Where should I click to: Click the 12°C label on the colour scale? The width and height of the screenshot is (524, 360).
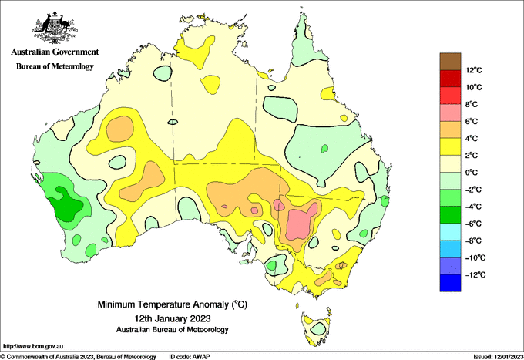[x=474, y=70]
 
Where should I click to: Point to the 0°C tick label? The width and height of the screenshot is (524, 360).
[x=472, y=173]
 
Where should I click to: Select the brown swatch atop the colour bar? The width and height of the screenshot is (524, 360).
[x=450, y=62]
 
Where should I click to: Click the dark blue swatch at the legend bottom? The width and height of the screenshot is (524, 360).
[x=450, y=283]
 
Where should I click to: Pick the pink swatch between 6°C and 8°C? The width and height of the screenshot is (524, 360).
[x=450, y=113]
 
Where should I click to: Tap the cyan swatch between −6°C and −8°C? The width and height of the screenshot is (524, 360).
[x=450, y=232]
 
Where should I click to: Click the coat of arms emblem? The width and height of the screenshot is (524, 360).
[x=55, y=28]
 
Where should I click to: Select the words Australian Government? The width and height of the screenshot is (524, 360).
[x=55, y=52]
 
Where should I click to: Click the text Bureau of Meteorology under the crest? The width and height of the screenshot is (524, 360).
[x=55, y=66]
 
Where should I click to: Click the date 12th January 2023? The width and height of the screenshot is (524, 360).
[x=173, y=318]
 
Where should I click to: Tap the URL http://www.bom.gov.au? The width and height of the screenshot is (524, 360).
[x=33, y=346]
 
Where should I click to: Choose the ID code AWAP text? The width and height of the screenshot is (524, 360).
[x=190, y=357]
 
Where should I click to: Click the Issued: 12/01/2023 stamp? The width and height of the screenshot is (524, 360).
[x=498, y=357]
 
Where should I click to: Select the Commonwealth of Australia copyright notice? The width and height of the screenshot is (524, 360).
[x=78, y=357]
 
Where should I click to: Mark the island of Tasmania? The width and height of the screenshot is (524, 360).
[x=317, y=328]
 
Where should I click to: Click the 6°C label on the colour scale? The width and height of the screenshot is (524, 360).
[x=472, y=121]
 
